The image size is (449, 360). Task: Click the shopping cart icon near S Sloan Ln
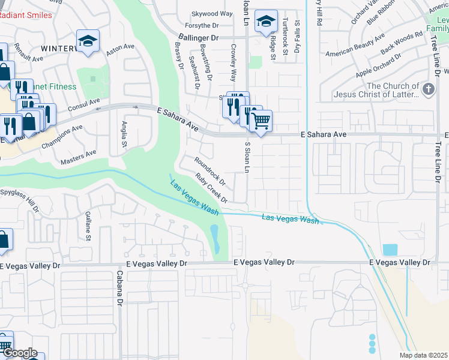tap(261, 120)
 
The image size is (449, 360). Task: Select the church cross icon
tap(428, 90)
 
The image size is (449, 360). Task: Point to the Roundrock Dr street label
tap(209, 170)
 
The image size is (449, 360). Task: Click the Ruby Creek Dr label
tap(212, 188)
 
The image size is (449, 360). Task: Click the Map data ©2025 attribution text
tap(423, 355)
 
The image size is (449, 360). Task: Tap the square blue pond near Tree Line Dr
tap(390, 250)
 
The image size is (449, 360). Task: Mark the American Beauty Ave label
tap(355, 46)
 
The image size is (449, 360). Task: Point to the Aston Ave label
tap(117, 50)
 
